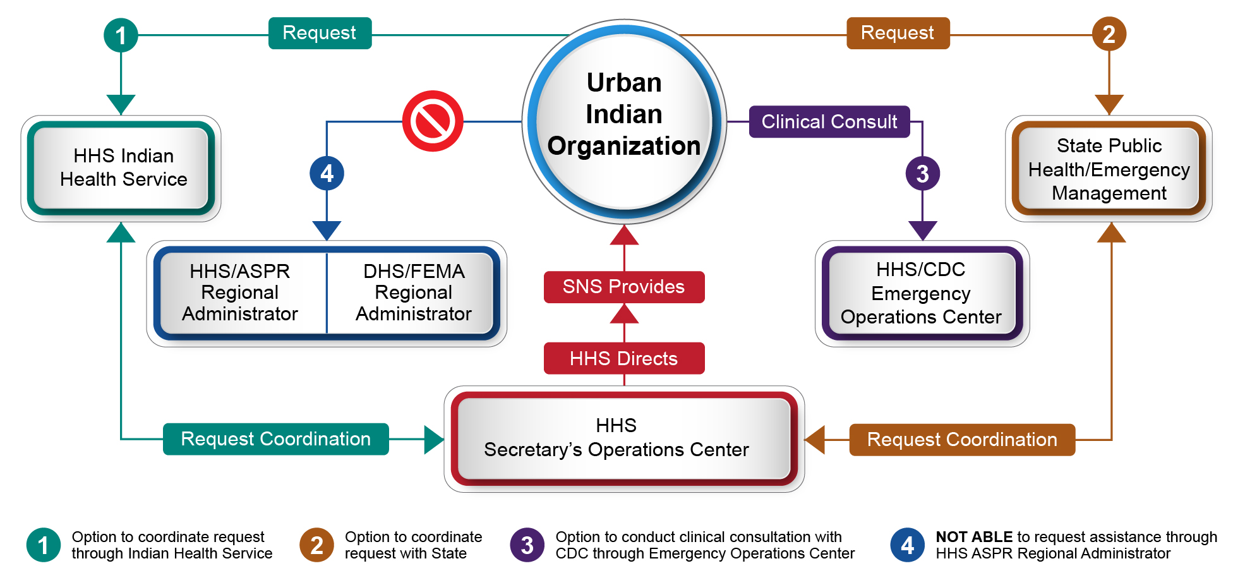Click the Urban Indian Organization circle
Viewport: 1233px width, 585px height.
pyautogui.click(x=624, y=120)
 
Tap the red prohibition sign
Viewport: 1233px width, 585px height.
pyautogui.click(x=433, y=121)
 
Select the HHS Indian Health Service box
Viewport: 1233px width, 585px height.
pyautogui.click(x=121, y=168)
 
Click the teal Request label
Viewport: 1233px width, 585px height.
pyautogui.click(x=320, y=33)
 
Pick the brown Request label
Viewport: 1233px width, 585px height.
pyautogui.click(x=898, y=33)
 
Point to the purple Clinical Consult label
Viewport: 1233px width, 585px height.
pyautogui.click(x=829, y=121)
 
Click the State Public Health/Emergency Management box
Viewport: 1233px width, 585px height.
pyautogui.click(x=1109, y=169)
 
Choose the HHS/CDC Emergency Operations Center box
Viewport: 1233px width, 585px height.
pyautogui.click(x=922, y=293)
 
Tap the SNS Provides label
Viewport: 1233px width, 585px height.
pyautogui.click(x=623, y=287)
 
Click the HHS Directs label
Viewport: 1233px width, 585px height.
pyautogui.click(x=623, y=358)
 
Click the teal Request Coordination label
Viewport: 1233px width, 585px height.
pyautogui.click(x=275, y=439)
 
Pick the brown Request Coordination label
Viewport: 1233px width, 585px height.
pyautogui.click(x=961, y=440)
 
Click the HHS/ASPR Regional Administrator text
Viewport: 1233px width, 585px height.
pyautogui.click(x=240, y=292)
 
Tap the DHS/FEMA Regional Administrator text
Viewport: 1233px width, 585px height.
pyautogui.click(x=414, y=292)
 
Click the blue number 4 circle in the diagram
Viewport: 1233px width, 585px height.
pyautogui.click(x=327, y=173)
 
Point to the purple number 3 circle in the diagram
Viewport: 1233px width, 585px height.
pyautogui.click(x=922, y=173)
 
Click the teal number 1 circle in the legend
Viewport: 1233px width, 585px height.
pyautogui.click(x=44, y=545)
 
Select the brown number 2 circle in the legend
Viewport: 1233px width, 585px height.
pyautogui.click(x=316, y=545)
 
